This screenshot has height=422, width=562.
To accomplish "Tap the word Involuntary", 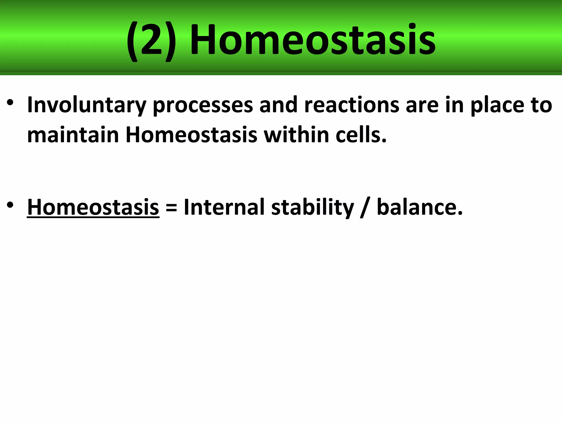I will [87, 105].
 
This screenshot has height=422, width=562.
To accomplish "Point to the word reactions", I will [352, 105].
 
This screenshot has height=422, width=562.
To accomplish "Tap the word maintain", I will [73, 135].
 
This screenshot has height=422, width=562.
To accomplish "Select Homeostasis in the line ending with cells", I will [191, 135].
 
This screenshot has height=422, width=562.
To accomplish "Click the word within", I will [296, 135].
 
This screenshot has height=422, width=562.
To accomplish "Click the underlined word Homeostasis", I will [93, 207].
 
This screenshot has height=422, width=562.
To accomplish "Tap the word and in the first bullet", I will [278, 105].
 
